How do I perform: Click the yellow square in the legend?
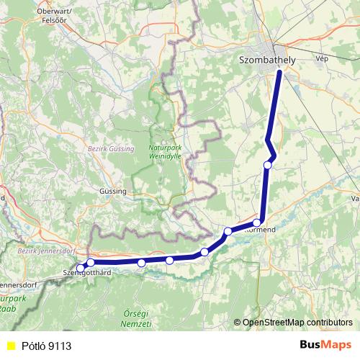[10, 346]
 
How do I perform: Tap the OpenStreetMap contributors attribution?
[297, 322]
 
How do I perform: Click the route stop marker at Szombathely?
[279, 71]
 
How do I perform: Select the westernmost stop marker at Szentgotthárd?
[81, 268]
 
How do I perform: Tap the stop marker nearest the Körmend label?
[257, 222]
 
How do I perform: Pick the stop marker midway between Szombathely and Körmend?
[268, 165]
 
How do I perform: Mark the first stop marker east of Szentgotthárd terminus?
[91, 263]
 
